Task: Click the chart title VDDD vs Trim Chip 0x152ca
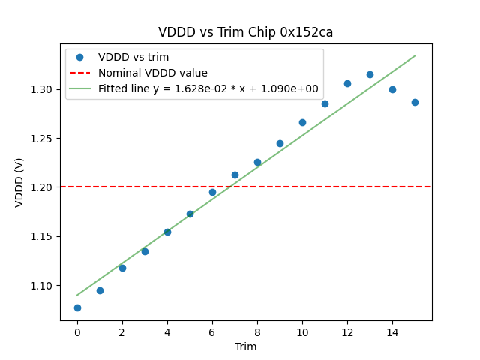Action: point(245,32)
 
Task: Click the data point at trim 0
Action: point(77,307)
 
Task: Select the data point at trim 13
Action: point(370,74)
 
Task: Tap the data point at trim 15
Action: point(415,102)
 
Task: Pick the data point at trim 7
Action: point(235,175)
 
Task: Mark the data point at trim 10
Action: point(302,122)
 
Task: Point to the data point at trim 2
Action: point(122,268)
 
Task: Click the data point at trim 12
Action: point(347,83)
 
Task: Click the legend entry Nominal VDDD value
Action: point(153,73)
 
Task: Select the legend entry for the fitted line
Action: point(208,88)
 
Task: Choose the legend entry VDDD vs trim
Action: point(133,57)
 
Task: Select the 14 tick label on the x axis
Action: point(392,331)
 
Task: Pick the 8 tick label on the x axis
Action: point(257,331)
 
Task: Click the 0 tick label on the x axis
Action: point(77,331)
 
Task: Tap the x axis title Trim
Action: point(245,346)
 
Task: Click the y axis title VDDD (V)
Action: point(20,181)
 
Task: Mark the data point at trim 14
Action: point(392,89)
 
